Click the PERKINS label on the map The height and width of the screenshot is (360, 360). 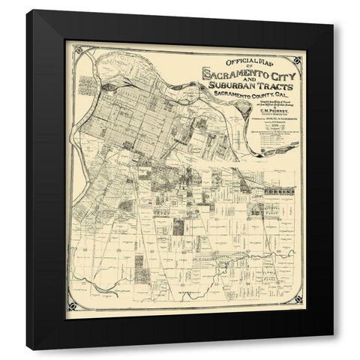click(279, 192)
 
